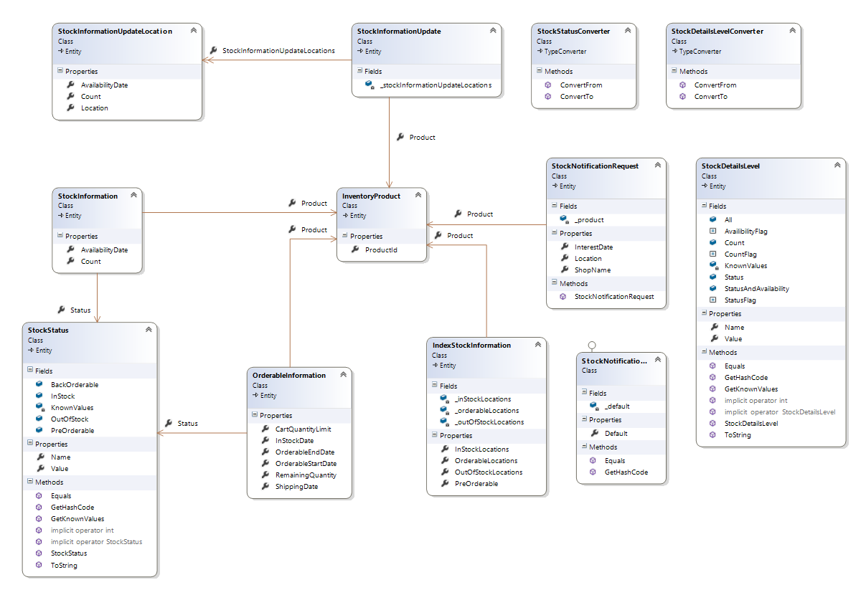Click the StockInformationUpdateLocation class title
pyautogui.click(x=115, y=31)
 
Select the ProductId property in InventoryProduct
pyautogui.click(x=381, y=249)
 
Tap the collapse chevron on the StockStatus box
pyautogui.click(x=149, y=330)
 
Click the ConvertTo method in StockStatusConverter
pyautogui.click(x=576, y=96)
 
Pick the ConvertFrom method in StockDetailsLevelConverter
pyautogui.click(x=715, y=85)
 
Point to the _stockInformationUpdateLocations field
pyautogui.click(x=436, y=85)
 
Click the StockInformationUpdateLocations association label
pyautogui.click(x=278, y=51)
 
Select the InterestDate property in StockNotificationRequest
pyautogui.click(x=593, y=247)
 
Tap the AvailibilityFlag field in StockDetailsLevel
pyautogui.click(x=745, y=232)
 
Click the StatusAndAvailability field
pyautogui.click(x=756, y=288)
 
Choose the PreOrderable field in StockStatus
pyautogui.click(x=72, y=431)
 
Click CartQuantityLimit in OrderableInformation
pyautogui.click(x=303, y=429)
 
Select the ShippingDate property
pyautogui.click(x=296, y=487)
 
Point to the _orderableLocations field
pyautogui.click(x=486, y=411)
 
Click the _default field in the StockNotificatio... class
pyautogui.click(x=617, y=406)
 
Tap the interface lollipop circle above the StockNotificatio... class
pyautogui.click(x=592, y=345)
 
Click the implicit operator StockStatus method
pyautogui.click(x=96, y=541)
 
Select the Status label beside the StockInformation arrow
pyautogui.click(x=80, y=310)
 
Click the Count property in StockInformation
pyautogui.click(x=90, y=261)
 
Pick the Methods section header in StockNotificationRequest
pyautogui.click(x=573, y=283)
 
